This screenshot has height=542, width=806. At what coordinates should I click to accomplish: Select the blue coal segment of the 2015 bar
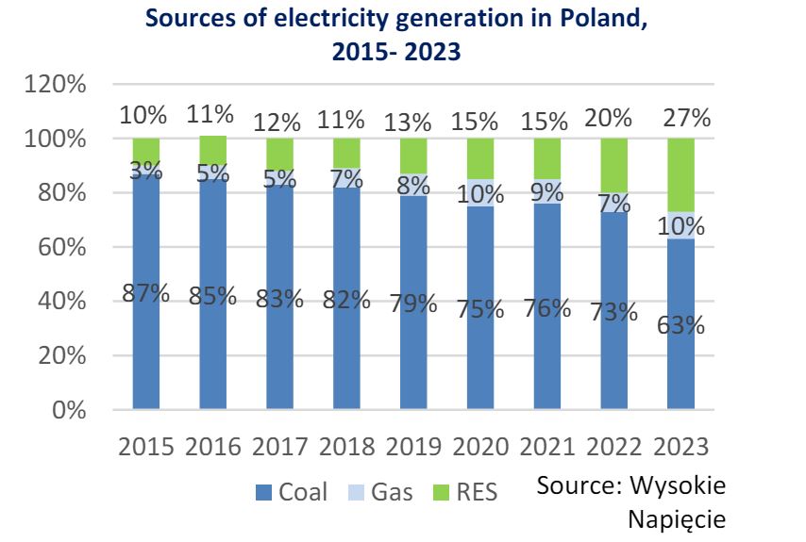pos(146,358)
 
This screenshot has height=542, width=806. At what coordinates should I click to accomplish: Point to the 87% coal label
pos(146,293)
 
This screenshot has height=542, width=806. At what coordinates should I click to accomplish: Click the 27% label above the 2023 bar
pos(686,118)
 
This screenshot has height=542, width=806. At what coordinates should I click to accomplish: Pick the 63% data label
pos(682,325)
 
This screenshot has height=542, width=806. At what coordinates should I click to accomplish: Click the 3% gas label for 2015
pos(146,171)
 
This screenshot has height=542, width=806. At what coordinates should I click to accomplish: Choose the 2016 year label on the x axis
pos(212,446)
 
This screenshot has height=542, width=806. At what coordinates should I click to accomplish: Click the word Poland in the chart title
pos(589,21)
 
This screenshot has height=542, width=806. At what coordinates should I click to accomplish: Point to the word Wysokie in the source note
pos(678,486)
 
